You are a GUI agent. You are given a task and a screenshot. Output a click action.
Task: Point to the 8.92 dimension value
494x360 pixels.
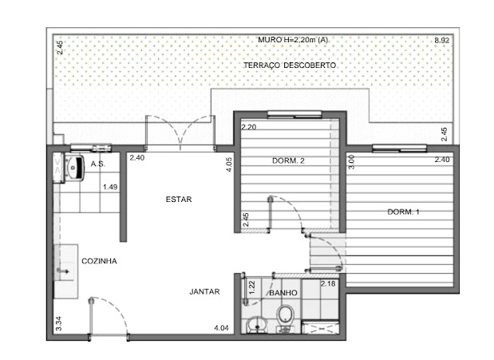[441, 40]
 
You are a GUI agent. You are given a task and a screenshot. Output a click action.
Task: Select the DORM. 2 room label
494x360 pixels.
[289, 161]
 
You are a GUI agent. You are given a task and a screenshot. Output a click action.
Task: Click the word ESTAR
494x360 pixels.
[179, 200]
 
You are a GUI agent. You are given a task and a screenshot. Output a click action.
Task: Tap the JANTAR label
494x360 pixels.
[205, 292]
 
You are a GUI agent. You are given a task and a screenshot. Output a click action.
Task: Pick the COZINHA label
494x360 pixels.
[100, 261]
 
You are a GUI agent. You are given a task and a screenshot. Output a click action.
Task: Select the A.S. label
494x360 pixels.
[99, 164]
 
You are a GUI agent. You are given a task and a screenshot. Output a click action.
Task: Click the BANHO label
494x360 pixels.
[283, 293]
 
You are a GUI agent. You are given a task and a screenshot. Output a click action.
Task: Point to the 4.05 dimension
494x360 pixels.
[229, 165]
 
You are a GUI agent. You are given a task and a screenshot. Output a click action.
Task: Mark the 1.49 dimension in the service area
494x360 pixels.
[109, 188]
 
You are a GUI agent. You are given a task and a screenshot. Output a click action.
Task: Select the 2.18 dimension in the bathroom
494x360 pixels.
[328, 283]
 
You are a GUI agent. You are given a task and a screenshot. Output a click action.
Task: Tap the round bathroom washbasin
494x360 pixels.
[255, 324]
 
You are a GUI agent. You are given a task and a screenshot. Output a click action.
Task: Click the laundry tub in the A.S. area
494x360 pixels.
[76, 168]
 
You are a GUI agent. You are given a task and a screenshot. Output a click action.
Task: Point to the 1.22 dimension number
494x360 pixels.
[252, 288]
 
